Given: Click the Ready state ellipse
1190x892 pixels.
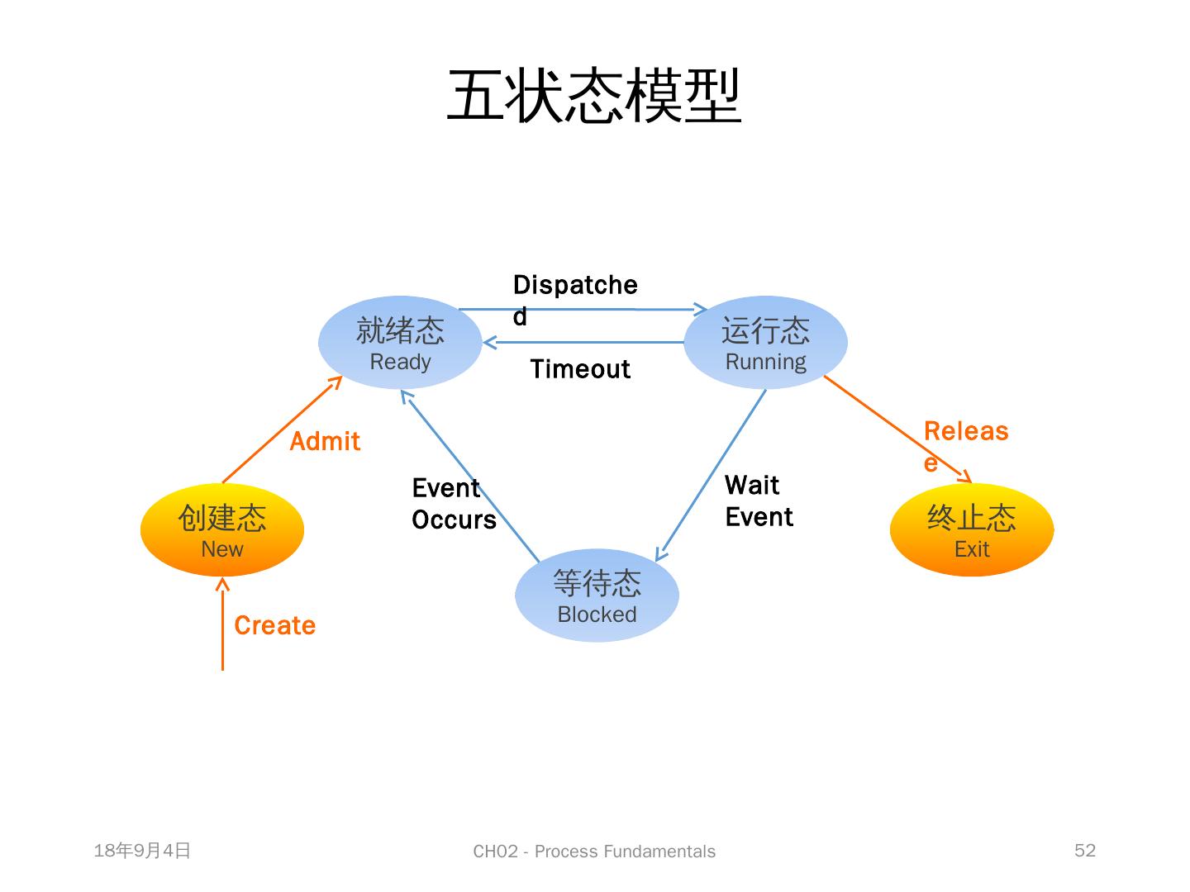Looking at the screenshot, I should [x=400, y=343].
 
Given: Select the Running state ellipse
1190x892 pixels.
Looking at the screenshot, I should [x=765, y=343].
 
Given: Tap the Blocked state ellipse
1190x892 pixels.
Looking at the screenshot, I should [x=597, y=595].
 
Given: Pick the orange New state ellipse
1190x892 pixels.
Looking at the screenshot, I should [x=222, y=529].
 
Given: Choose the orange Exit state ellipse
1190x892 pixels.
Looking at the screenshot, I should [x=972, y=529].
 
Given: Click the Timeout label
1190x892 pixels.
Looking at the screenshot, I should [x=580, y=369].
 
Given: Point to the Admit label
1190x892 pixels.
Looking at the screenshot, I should [x=325, y=442].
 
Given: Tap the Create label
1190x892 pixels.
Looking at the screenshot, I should [x=274, y=626].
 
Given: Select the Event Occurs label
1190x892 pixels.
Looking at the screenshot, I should [x=454, y=504].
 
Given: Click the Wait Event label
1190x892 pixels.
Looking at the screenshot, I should [x=759, y=501].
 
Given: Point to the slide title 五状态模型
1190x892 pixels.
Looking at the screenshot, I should [x=594, y=96].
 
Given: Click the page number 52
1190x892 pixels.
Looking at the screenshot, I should [x=1084, y=851].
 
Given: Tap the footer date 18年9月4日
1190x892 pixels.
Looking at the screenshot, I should [x=142, y=851].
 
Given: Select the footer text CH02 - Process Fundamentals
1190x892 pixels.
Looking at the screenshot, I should [x=594, y=852].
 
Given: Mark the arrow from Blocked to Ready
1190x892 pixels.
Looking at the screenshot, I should [x=469, y=475].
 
